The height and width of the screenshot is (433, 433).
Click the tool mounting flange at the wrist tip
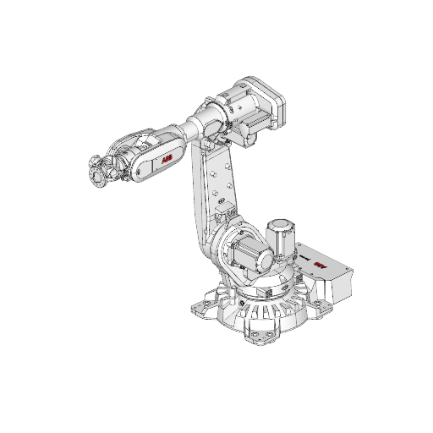97,174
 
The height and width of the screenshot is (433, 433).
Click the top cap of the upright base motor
279,222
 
